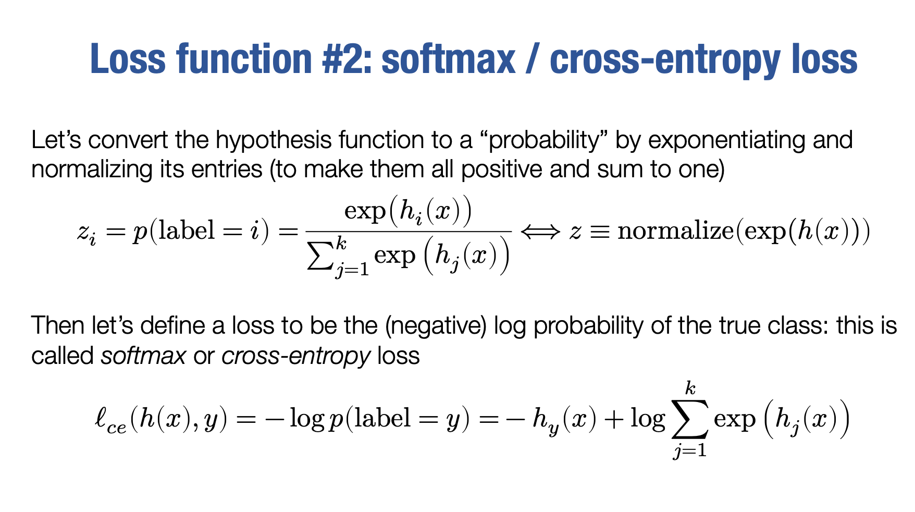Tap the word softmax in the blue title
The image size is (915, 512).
tap(449, 58)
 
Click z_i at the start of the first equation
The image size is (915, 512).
tap(86, 233)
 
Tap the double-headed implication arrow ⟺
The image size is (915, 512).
tap(540, 230)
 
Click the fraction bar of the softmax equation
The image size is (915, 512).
tap(409, 231)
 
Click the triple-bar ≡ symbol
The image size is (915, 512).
tap(599, 231)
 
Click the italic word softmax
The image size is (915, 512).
tap(144, 356)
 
